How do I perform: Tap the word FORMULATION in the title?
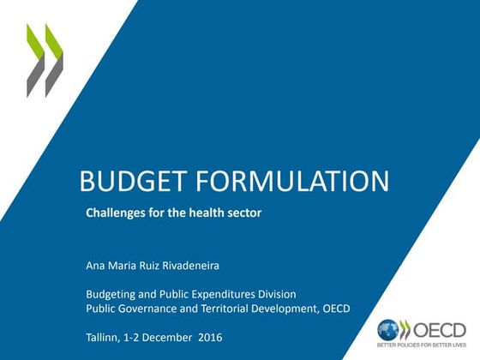pyautogui.click(x=292, y=181)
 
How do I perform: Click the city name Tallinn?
pyautogui.click(x=104, y=337)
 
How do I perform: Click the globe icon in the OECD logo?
pyautogui.click(x=388, y=329)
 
